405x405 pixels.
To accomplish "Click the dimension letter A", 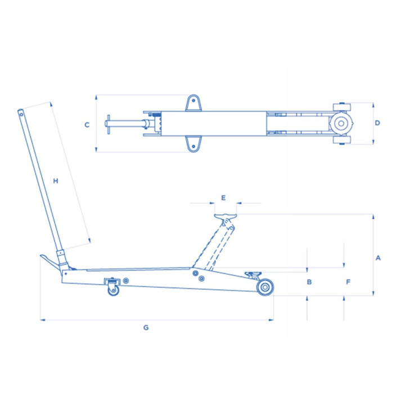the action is pyautogui.click(x=378, y=258).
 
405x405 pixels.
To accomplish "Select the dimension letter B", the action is pyautogui.click(x=309, y=282).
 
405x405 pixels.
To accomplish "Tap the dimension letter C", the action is pyautogui.click(x=87, y=125).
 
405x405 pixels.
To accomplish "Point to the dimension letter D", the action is pyautogui.click(x=377, y=123).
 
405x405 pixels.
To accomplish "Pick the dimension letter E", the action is pyautogui.click(x=223, y=198).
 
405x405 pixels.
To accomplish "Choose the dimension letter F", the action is pyautogui.click(x=348, y=282).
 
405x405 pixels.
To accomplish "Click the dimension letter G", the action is pyautogui.click(x=146, y=327).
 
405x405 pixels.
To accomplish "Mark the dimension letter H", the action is pyautogui.click(x=56, y=181).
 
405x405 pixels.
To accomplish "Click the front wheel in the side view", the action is pyautogui.click(x=265, y=287).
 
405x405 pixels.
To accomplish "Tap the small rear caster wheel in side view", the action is pyautogui.click(x=114, y=290).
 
